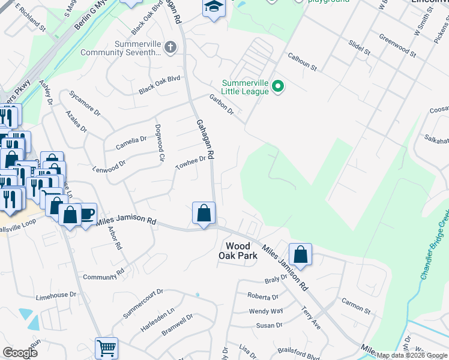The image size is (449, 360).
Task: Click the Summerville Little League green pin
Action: (x=277, y=88)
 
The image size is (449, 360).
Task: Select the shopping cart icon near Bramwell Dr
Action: (x=106, y=348)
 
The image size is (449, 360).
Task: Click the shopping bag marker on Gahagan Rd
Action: (x=203, y=213)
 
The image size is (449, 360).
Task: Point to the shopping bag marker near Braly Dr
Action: (x=301, y=254)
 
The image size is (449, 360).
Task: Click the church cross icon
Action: (x=170, y=47)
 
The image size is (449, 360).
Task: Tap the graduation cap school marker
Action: (x=213, y=8)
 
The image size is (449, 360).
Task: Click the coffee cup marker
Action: (x=86, y=214)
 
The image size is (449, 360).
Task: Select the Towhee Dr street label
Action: (x=190, y=163)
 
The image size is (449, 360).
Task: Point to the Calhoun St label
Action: (x=301, y=62)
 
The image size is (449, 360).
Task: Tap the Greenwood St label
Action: (x=397, y=45)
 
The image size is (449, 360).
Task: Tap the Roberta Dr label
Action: (x=264, y=296)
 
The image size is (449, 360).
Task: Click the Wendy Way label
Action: (x=266, y=311)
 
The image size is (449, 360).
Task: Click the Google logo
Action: (x=19, y=352)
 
